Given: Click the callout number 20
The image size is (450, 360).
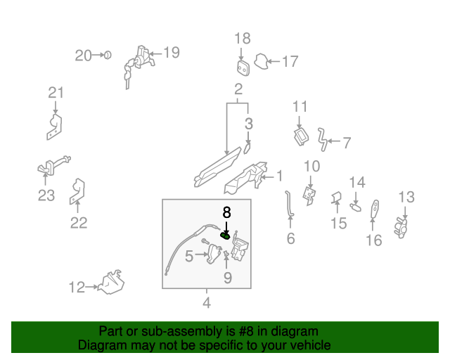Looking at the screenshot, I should click(84, 55).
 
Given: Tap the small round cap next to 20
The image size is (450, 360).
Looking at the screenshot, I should click(107, 55).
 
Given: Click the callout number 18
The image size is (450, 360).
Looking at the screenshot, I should click(242, 39).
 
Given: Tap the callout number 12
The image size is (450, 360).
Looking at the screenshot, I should click(77, 287).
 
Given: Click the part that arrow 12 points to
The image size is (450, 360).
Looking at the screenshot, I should click(110, 282).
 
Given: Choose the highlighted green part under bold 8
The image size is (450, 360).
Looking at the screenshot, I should click(226, 235).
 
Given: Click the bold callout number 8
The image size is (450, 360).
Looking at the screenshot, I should click(226, 212).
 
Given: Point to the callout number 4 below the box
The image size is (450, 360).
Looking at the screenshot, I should click(207, 303).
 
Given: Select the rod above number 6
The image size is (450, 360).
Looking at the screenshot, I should click(289, 204).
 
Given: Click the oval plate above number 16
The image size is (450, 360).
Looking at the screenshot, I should click(375, 207).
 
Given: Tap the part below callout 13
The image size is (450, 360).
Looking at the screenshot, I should click(403, 227).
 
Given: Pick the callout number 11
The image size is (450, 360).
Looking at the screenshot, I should click(300, 107).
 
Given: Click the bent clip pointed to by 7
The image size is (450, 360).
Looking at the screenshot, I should click(322, 139).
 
